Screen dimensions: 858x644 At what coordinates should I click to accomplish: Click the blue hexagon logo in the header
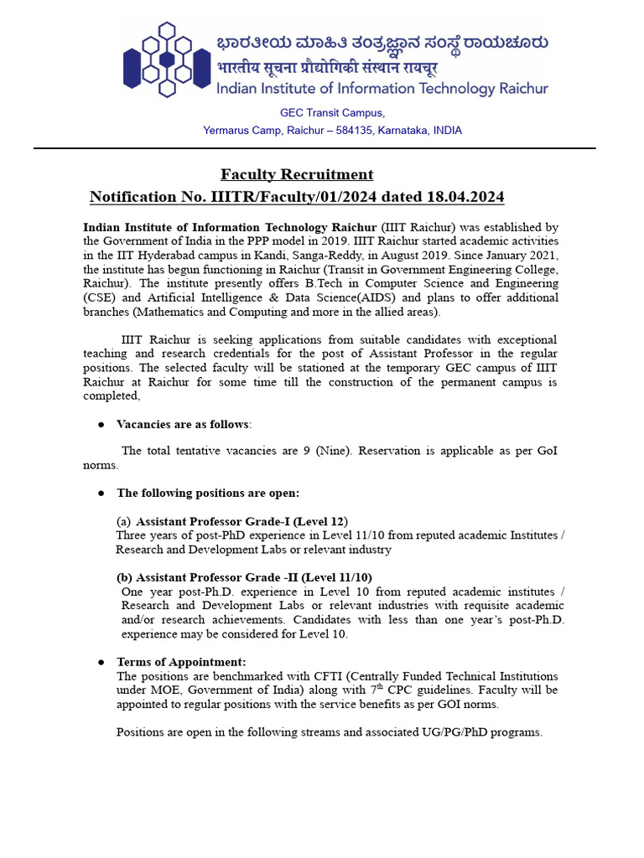pos(165,59)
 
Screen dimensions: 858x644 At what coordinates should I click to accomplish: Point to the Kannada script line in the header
pos(382,42)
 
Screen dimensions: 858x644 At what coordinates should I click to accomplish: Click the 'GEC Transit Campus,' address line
pos(332,113)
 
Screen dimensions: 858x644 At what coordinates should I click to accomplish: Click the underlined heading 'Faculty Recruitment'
pos(297,174)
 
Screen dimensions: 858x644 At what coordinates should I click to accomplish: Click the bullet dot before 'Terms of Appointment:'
pos(101,662)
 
